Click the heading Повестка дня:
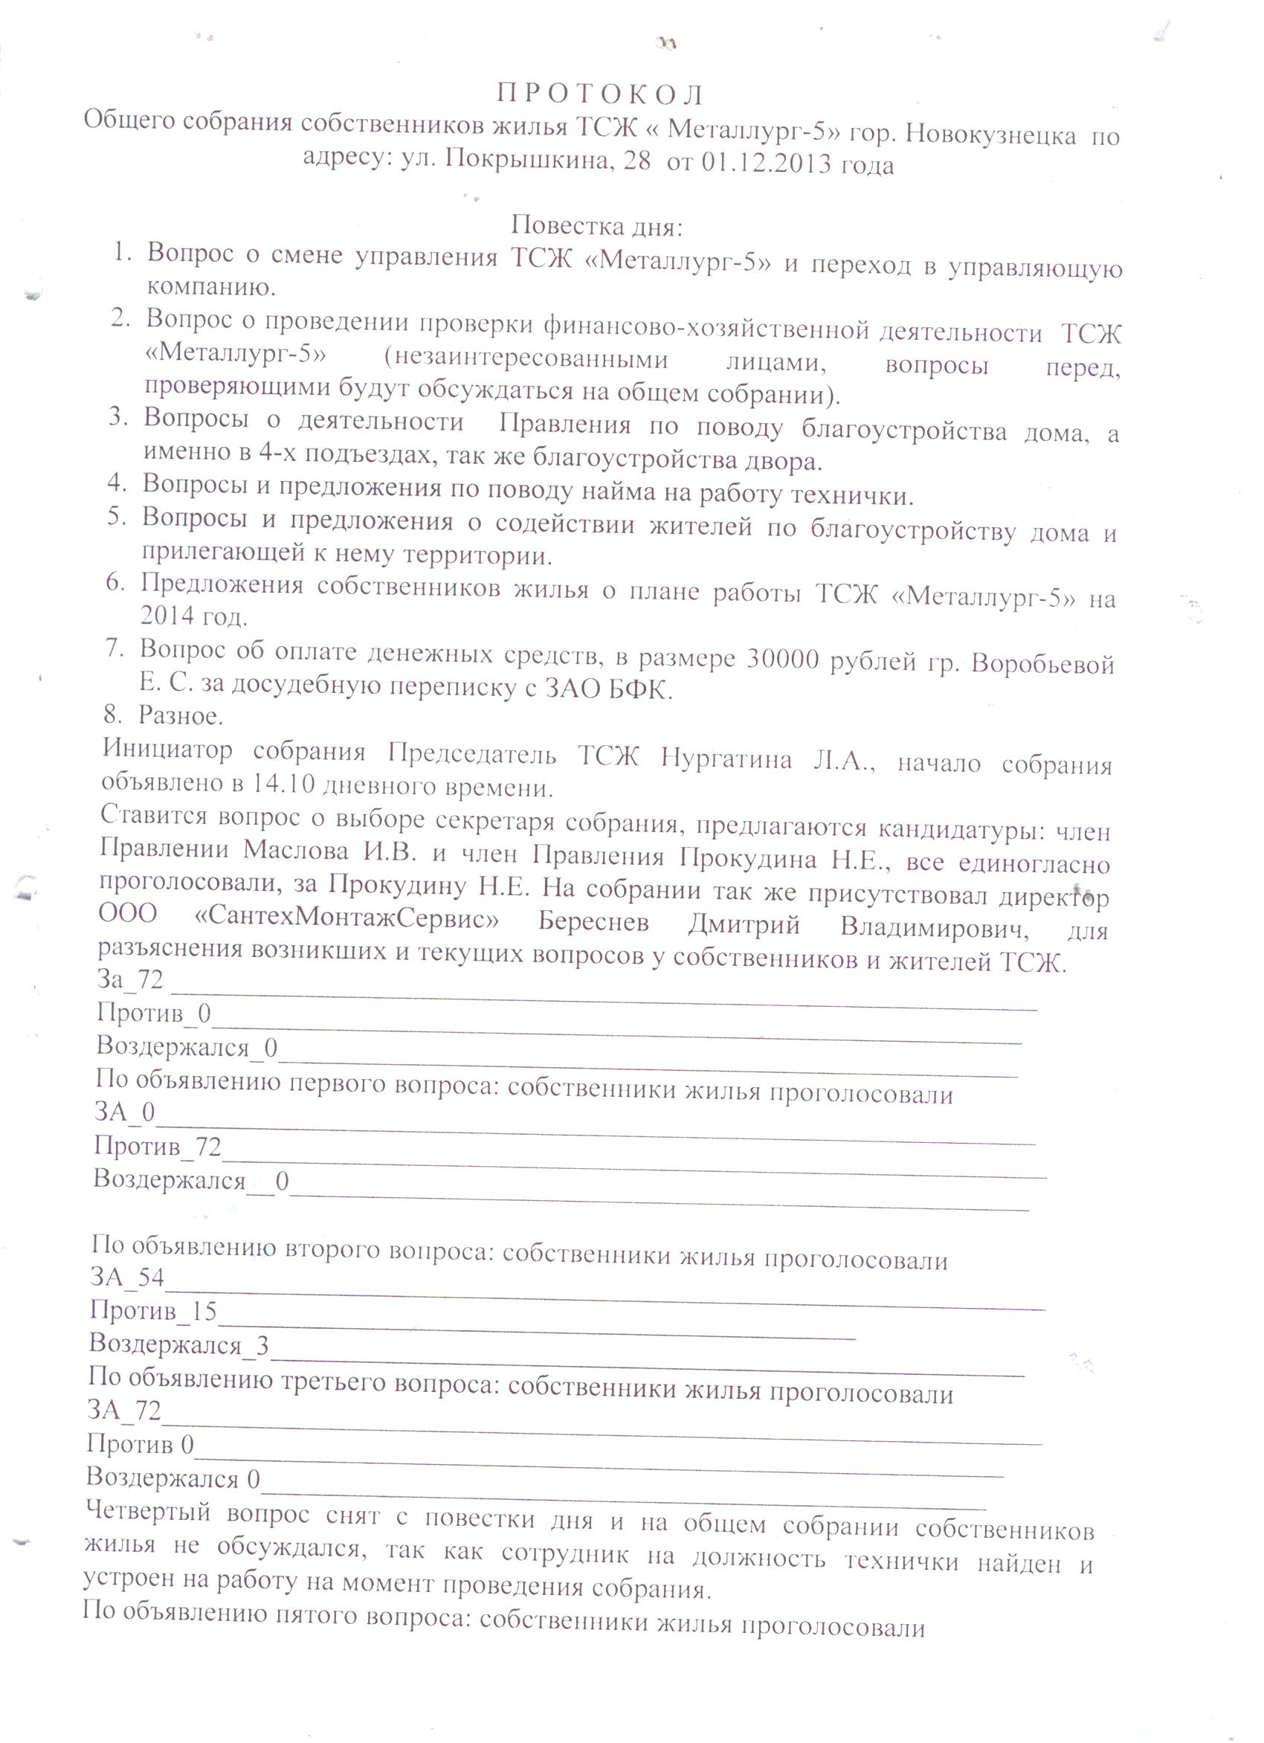click(597, 228)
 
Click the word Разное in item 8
click(180, 716)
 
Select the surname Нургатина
click(726, 760)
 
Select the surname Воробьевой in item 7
click(1042, 663)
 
